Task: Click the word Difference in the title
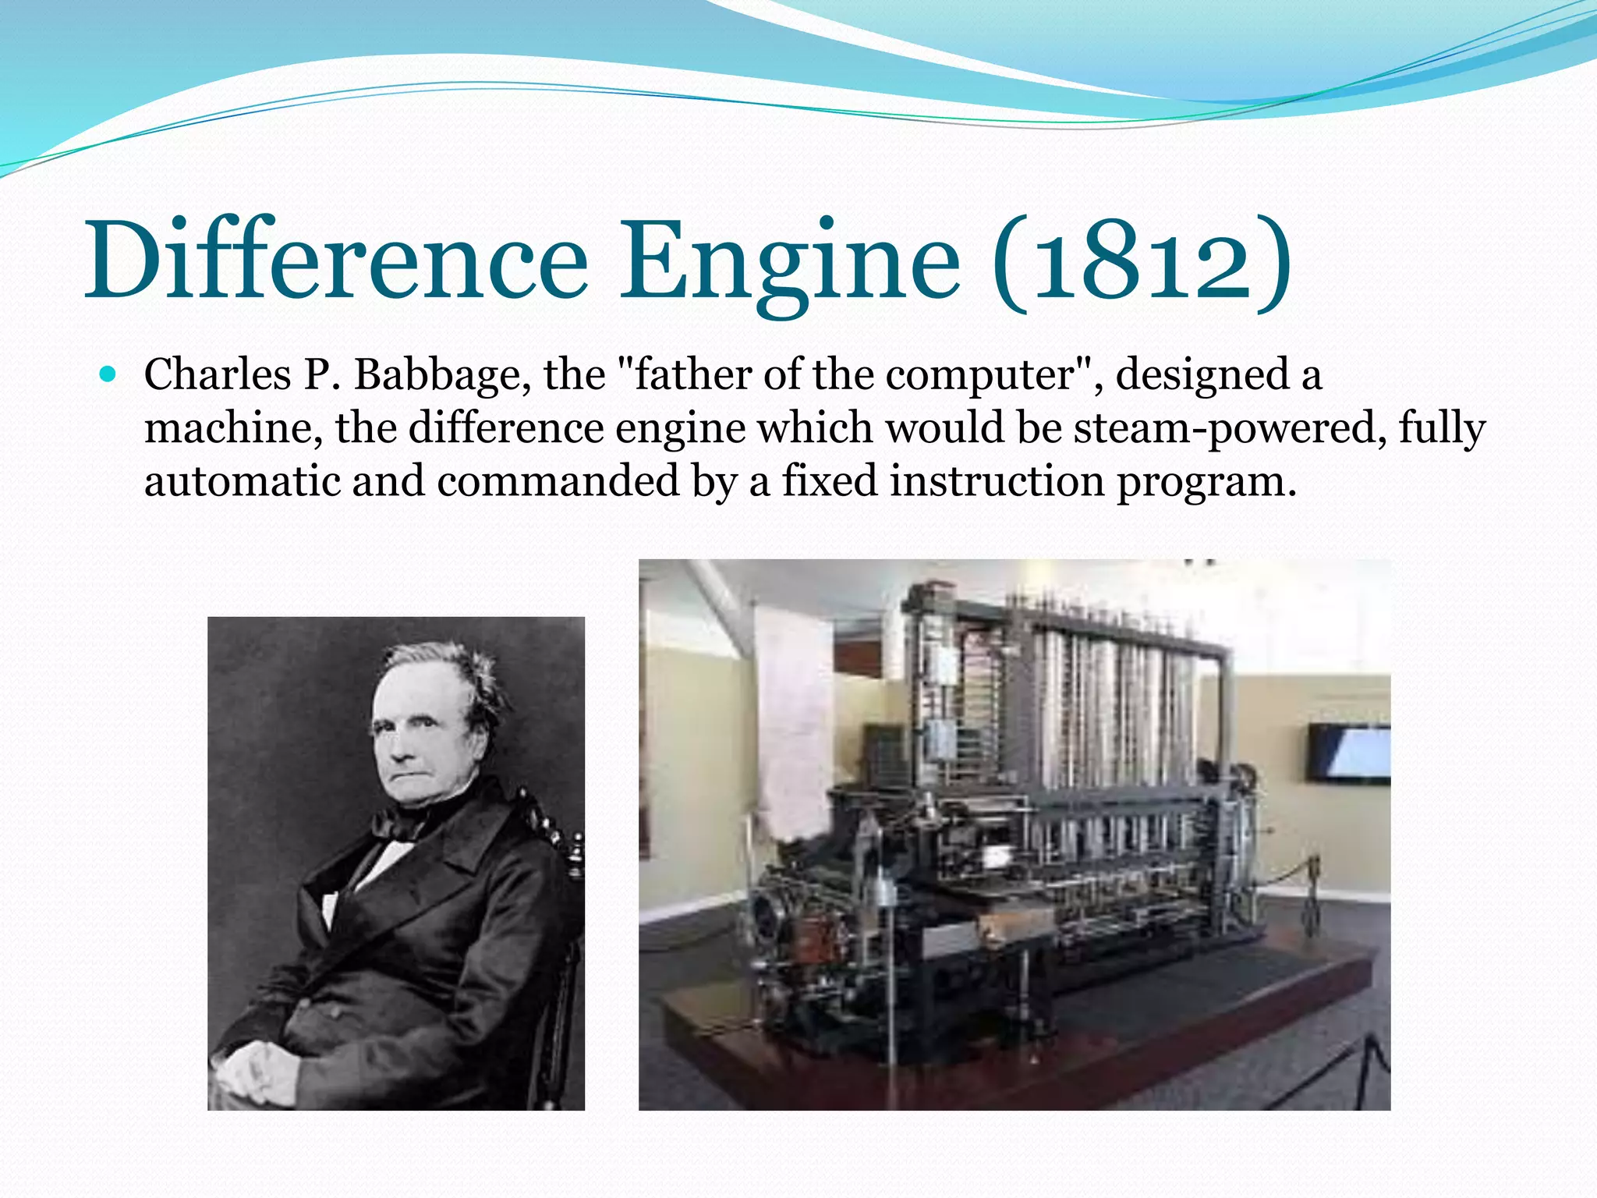pos(337,261)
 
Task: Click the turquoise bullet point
pos(108,375)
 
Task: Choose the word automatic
pos(243,481)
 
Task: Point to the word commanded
pos(558,481)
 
